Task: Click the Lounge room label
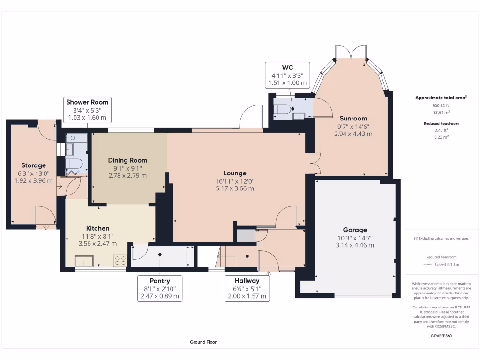(x=235, y=173)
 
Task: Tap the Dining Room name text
(x=127, y=160)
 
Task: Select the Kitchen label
(x=97, y=228)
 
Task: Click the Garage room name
(x=355, y=230)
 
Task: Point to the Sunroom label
(x=353, y=119)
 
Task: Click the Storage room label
(x=34, y=165)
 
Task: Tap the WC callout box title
(x=287, y=67)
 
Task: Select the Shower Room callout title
(x=87, y=102)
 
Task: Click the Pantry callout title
(x=160, y=281)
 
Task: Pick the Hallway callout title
(x=247, y=281)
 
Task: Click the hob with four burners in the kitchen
(x=120, y=261)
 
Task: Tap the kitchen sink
(x=84, y=262)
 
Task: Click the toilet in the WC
(x=282, y=109)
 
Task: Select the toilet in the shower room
(x=73, y=163)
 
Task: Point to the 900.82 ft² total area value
(x=441, y=105)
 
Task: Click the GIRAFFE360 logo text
(x=441, y=336)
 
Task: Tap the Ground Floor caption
(x=203, y=342)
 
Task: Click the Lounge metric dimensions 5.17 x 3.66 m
(x=235, y=188)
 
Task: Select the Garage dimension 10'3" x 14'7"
(x=355, y=238)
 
